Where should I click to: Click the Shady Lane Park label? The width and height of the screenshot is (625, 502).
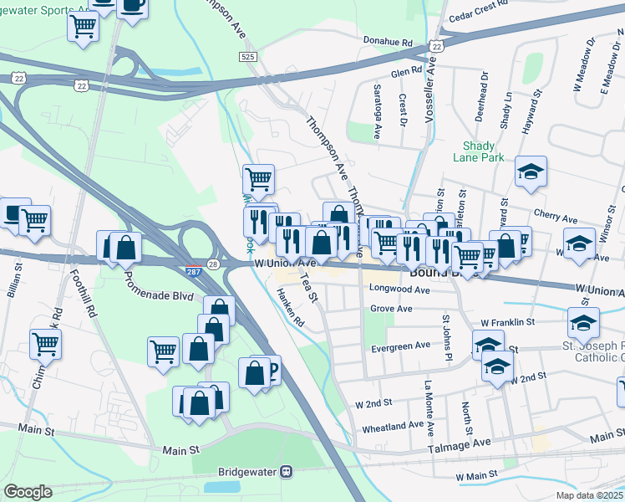(x=479, y=151)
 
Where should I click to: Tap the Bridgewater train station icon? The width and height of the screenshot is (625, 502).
(x=287, y=472)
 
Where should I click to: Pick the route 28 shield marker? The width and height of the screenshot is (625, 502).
(x=213, y=264)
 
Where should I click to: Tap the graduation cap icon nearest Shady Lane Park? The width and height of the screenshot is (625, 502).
(x=530, y=172)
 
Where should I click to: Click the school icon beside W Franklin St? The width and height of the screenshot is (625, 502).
(x=583, y=322)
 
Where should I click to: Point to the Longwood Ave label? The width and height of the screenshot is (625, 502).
(x=399, y=289)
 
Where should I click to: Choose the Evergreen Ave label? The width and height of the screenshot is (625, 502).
(x=401, y=345)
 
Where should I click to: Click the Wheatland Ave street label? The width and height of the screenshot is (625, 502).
(x=393, y=425)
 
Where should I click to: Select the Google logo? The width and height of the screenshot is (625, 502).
(x=28, y=492)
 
